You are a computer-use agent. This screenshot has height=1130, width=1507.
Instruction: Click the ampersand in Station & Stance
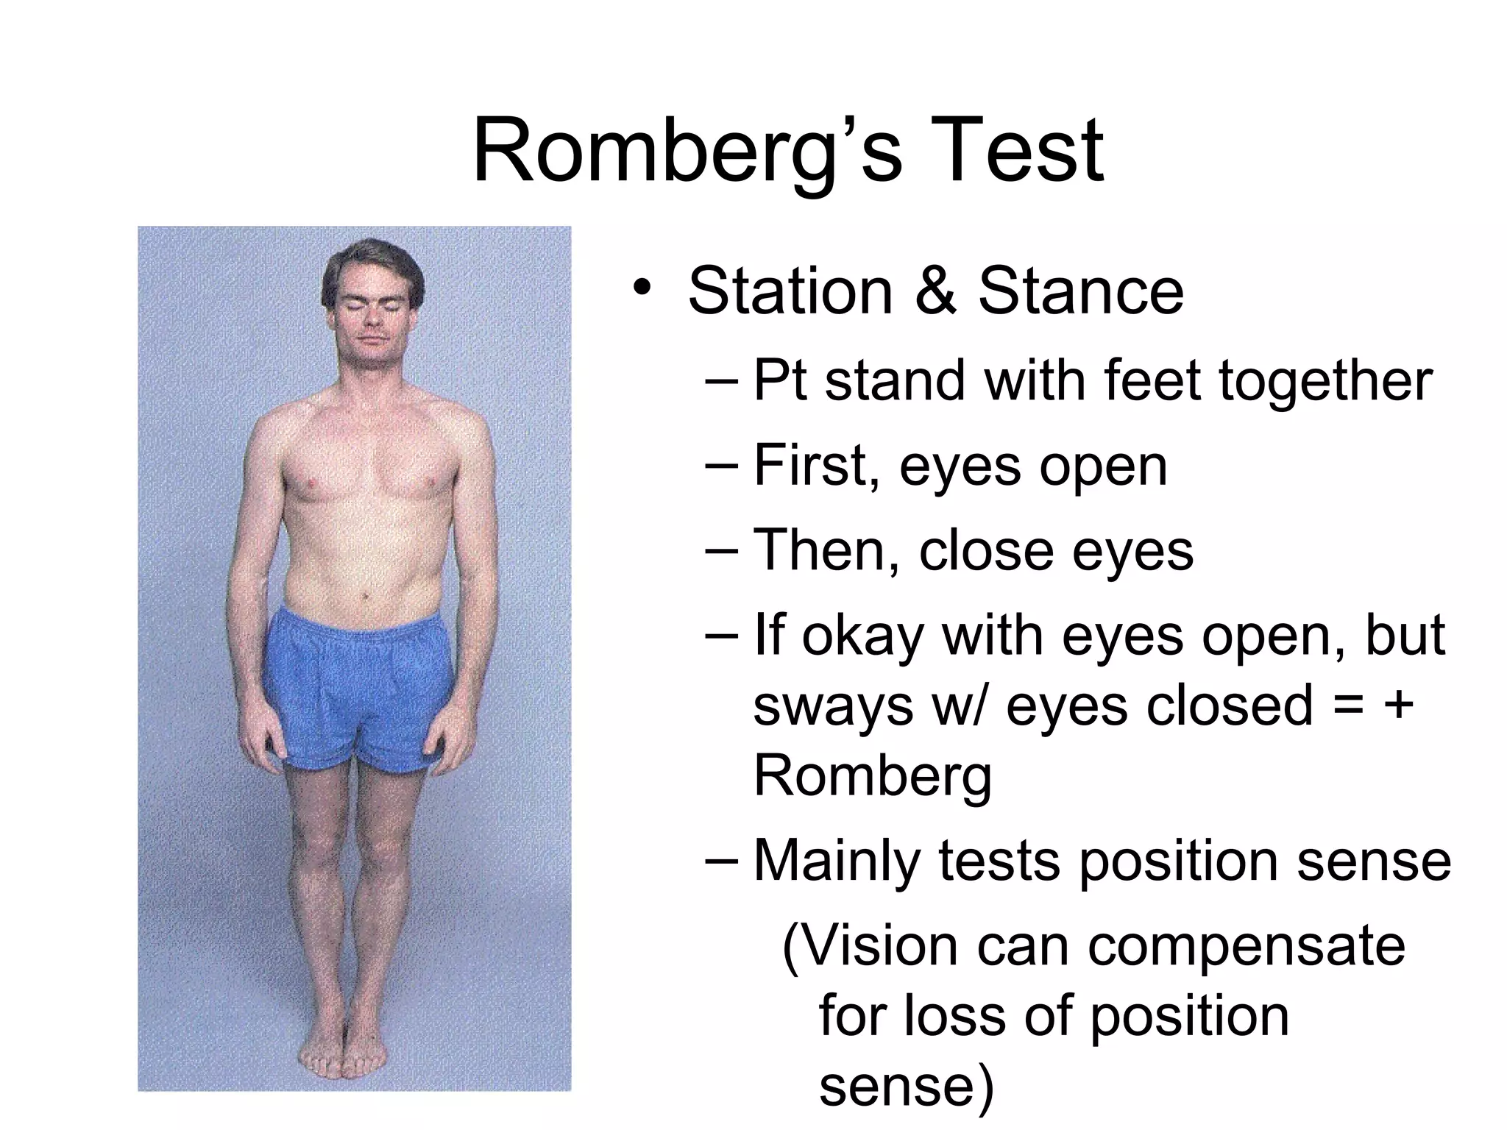pos(935,291)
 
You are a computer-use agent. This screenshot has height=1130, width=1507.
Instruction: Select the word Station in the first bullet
pos(790,291)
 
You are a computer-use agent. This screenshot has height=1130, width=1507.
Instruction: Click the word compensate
pos(1247,948)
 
